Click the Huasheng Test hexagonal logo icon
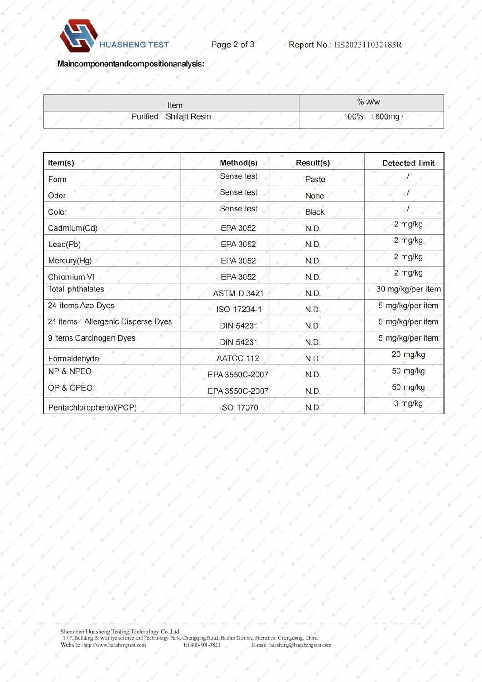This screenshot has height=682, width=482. point(79,35)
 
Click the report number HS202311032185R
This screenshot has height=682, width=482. point(367,45)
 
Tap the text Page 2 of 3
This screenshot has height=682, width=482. point(232,45)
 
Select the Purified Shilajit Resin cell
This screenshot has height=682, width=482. point(171,116)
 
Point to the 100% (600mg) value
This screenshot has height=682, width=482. point(373,116)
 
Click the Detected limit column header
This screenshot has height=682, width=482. point(408,163)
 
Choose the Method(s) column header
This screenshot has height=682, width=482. point(238,163)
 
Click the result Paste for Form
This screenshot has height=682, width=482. point(315,180)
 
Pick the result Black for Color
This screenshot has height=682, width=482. point(315,212)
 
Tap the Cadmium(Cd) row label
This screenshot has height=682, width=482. point(73,228)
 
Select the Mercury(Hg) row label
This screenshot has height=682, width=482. point(70,261)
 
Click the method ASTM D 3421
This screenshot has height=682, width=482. point(238,293)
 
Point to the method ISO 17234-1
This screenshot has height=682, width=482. point(239,310)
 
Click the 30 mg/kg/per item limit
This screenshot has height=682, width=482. point(408,289)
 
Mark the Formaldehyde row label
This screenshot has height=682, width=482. point(73,359)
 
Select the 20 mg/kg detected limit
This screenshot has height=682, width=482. point(408,355)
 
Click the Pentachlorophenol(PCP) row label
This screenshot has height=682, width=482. point(92,407)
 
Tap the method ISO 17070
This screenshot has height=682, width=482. point(239,407)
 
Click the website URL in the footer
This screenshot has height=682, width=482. point(114,645)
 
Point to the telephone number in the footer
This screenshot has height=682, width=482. point(201,645)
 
